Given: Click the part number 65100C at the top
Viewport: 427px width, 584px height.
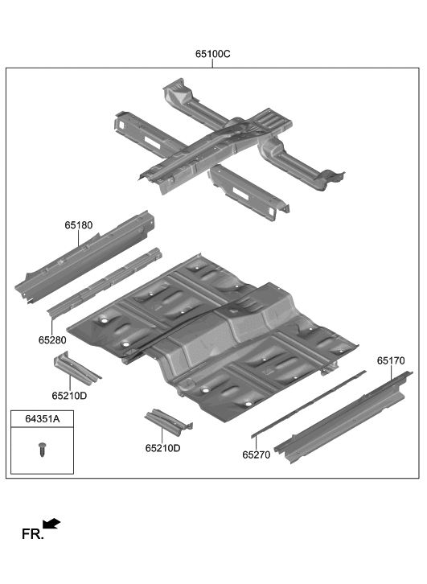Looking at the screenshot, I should pos(212,54).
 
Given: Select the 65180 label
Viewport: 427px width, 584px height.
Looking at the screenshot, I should pos(79,227).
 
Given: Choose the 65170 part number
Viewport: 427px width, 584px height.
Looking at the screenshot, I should pos(391,362).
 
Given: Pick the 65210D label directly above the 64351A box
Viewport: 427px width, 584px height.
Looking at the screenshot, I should pos(69,395).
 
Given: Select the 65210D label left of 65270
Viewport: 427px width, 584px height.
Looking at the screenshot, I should pos(162,448).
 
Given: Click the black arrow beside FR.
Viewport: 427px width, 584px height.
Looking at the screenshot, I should pos(51,524).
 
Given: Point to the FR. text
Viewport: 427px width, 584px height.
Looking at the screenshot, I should pos(31,534).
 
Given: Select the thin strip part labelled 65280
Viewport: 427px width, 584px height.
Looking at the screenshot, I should pos(105,284).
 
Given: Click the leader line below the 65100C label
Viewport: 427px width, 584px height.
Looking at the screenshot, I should pos(212,64).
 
